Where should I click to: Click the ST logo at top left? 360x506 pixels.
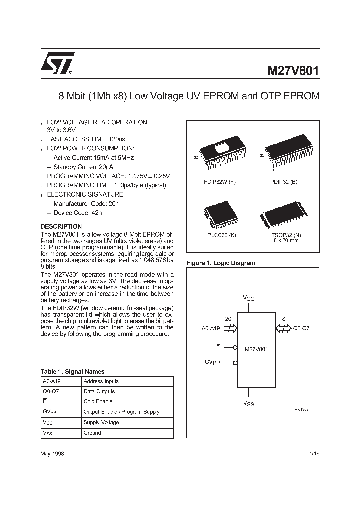[58, 64]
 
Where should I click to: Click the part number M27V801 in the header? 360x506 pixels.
[290, 71]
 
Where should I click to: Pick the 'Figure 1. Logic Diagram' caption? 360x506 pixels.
[220, 263]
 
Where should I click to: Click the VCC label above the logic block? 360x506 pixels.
[249, 298]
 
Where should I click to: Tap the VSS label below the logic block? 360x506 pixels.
[249, 403]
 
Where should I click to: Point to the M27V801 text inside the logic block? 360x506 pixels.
[256, 349]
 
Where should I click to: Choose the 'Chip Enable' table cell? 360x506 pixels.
[98, 401]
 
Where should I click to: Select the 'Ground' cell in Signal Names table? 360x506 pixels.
[92, 433]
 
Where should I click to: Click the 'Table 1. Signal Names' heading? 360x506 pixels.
[72, 371]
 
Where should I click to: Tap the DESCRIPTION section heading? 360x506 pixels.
[61, 226]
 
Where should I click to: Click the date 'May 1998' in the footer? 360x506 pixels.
[52, 453]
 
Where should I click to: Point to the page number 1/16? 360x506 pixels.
[314, 453]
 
